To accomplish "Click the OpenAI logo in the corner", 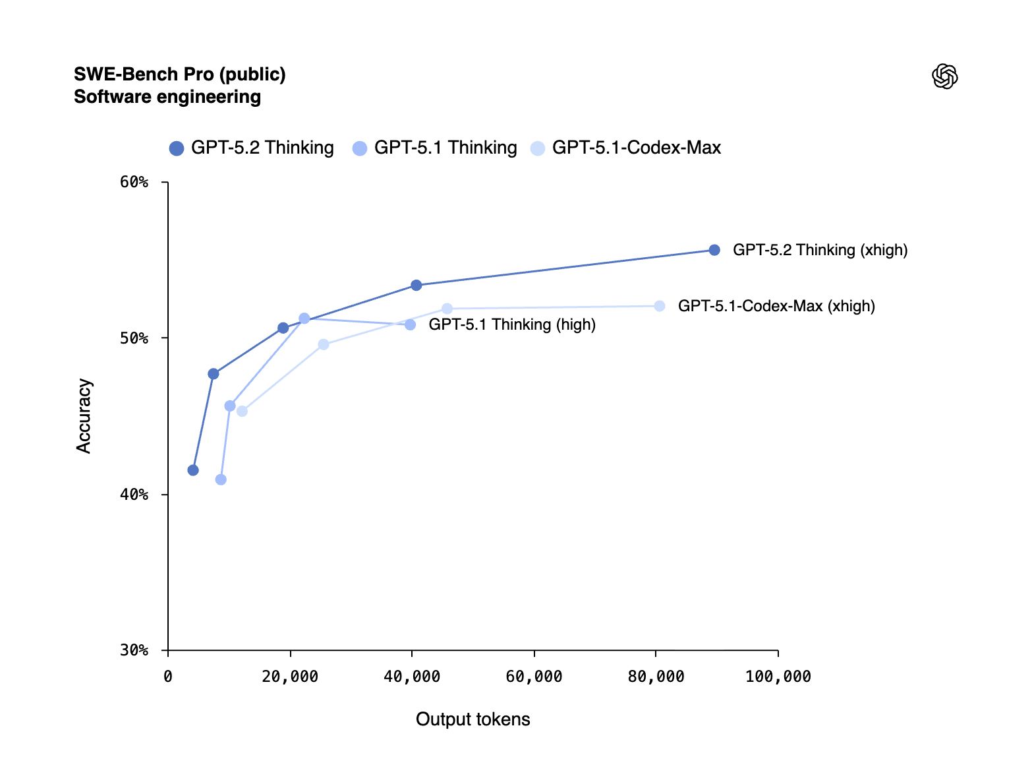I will tap(944, 76).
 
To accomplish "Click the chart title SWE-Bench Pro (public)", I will tap(179, 74).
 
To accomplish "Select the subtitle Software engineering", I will tap(167, 97).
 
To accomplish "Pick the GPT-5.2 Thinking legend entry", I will tap(252, 148).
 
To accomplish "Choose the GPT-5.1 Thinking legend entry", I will tap(435, 148).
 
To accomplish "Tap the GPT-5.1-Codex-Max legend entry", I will tap(626, 148).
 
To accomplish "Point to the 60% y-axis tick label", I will tap(134, 182).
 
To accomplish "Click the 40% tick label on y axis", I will tap(134, 495).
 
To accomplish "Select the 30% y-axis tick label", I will tap(134, 650).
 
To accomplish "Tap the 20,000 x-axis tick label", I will tap(290, 677).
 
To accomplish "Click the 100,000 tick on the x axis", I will tap(778, 677).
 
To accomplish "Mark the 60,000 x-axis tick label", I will tap(534, 677).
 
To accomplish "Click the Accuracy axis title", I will tap(84, 415).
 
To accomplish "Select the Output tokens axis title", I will tap(473, 719).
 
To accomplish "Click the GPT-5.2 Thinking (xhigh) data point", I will tap(714, 250).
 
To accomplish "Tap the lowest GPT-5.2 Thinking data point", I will tap(193, 470).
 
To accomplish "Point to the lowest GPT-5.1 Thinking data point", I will tap(221, 479).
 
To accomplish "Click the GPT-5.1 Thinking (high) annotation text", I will tap(512, 324).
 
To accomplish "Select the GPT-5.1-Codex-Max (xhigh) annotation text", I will tap(776, 306).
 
